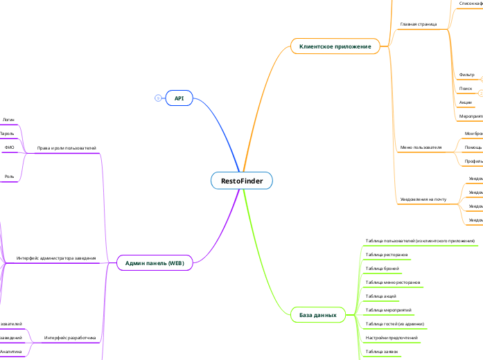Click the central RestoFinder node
[x=241, y=181]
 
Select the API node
[x=179, y=98]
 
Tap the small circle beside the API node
[x=158, y=98]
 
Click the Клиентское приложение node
[x=335, y=46]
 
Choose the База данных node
[x=317, y=315]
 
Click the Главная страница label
[x=419, y=24]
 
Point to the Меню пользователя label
[x=421, y=147]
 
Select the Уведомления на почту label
[x=423, y=199]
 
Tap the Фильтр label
[x=466, y=74]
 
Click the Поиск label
[x=466, y=89]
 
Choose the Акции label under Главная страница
[x=465, y=102]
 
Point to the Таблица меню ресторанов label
[x=393, y=282]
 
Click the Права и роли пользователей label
[x=67, y=148]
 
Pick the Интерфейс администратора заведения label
[x=56, y=258]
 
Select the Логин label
[x=8, y=120]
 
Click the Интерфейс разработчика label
[x=70, y=338]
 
